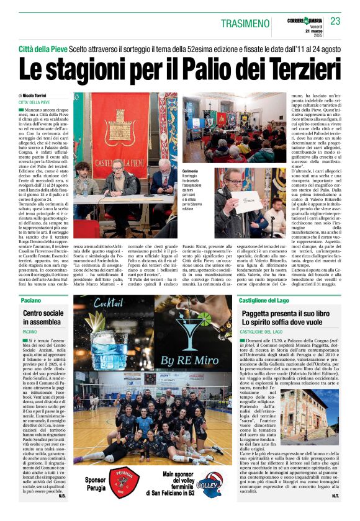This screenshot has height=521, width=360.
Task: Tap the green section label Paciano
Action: tap(31, 300)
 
